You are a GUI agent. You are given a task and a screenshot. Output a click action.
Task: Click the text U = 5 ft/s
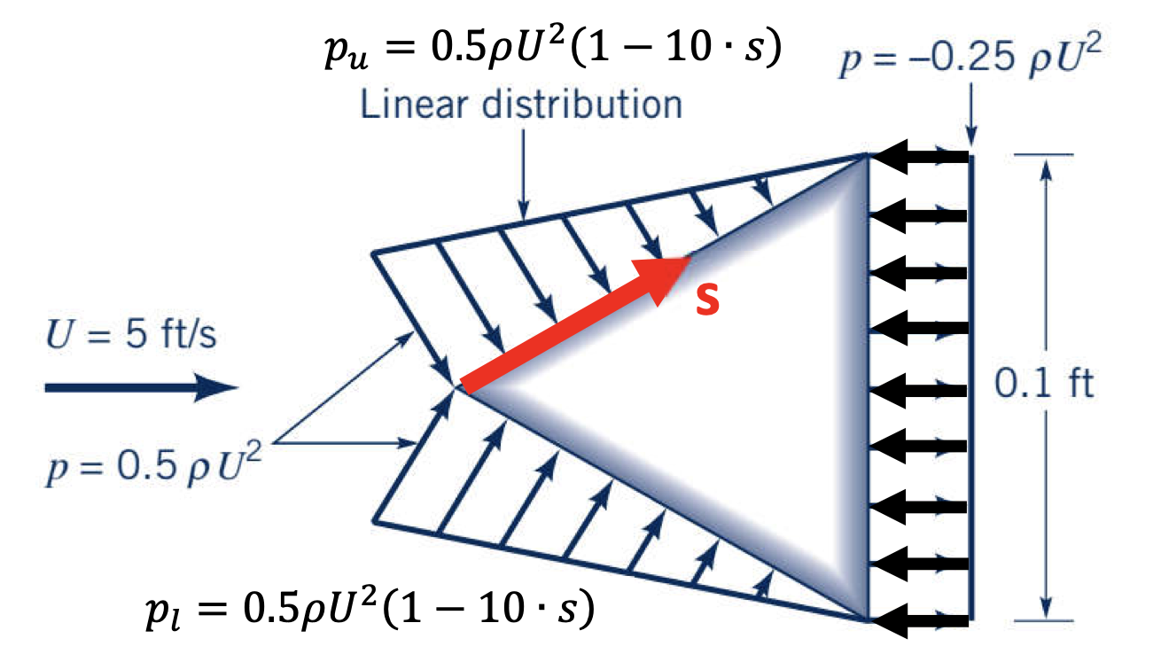(x=130, y=338)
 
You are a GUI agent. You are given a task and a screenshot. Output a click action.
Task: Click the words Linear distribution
(x=522, y=105)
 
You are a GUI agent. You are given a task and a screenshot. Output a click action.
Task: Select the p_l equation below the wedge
(x=369, y=609)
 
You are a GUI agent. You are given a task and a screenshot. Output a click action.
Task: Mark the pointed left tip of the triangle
(x=460, y=387)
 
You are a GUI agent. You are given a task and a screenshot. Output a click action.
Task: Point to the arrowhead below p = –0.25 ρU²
(x=972, y=138)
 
